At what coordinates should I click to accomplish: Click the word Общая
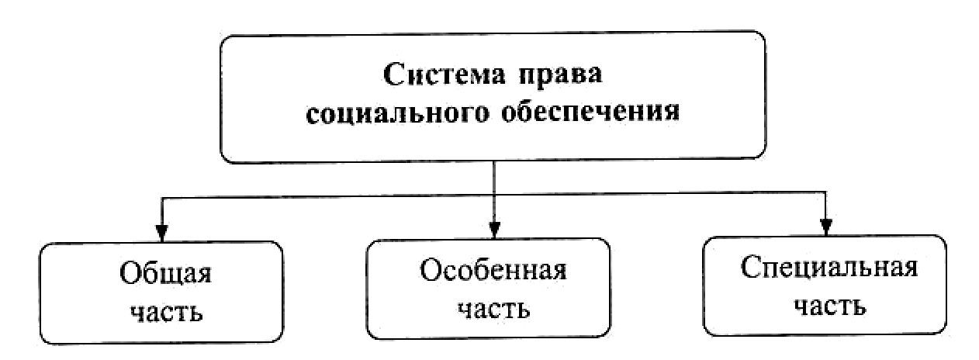pyautogui.click(x=165, y=277)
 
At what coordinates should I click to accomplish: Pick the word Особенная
pyautogui.click(x=494, y=273)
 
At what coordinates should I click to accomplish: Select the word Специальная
pyautogui.click(x=829, y=269)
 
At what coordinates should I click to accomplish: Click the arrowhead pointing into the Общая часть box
pyautogui.click(x=161, y=233)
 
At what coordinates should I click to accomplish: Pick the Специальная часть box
pyautogui.click(x=825, y=286)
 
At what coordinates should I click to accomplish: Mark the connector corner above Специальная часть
pyautogui.click(x=825, y=194)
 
